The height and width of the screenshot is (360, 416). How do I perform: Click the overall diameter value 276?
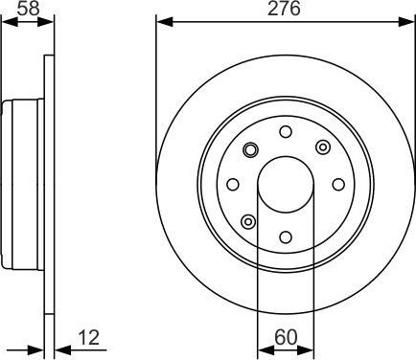coord(285,10)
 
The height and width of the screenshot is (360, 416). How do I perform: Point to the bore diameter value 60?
coord(285,337)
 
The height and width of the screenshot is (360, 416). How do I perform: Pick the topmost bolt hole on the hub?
coord(285,131)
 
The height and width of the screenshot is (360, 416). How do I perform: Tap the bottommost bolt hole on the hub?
coord(285,236)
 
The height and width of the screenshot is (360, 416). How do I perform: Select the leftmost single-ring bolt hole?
coord(232,184)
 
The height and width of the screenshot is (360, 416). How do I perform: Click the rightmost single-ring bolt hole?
coord(337,184)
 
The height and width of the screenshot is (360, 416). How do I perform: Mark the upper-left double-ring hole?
coord(249,148)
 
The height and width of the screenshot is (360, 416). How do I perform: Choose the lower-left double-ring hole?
coord(248,221)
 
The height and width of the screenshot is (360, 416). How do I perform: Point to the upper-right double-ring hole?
coord(321,147)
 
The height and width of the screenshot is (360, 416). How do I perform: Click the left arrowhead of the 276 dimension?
coord(161,21)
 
